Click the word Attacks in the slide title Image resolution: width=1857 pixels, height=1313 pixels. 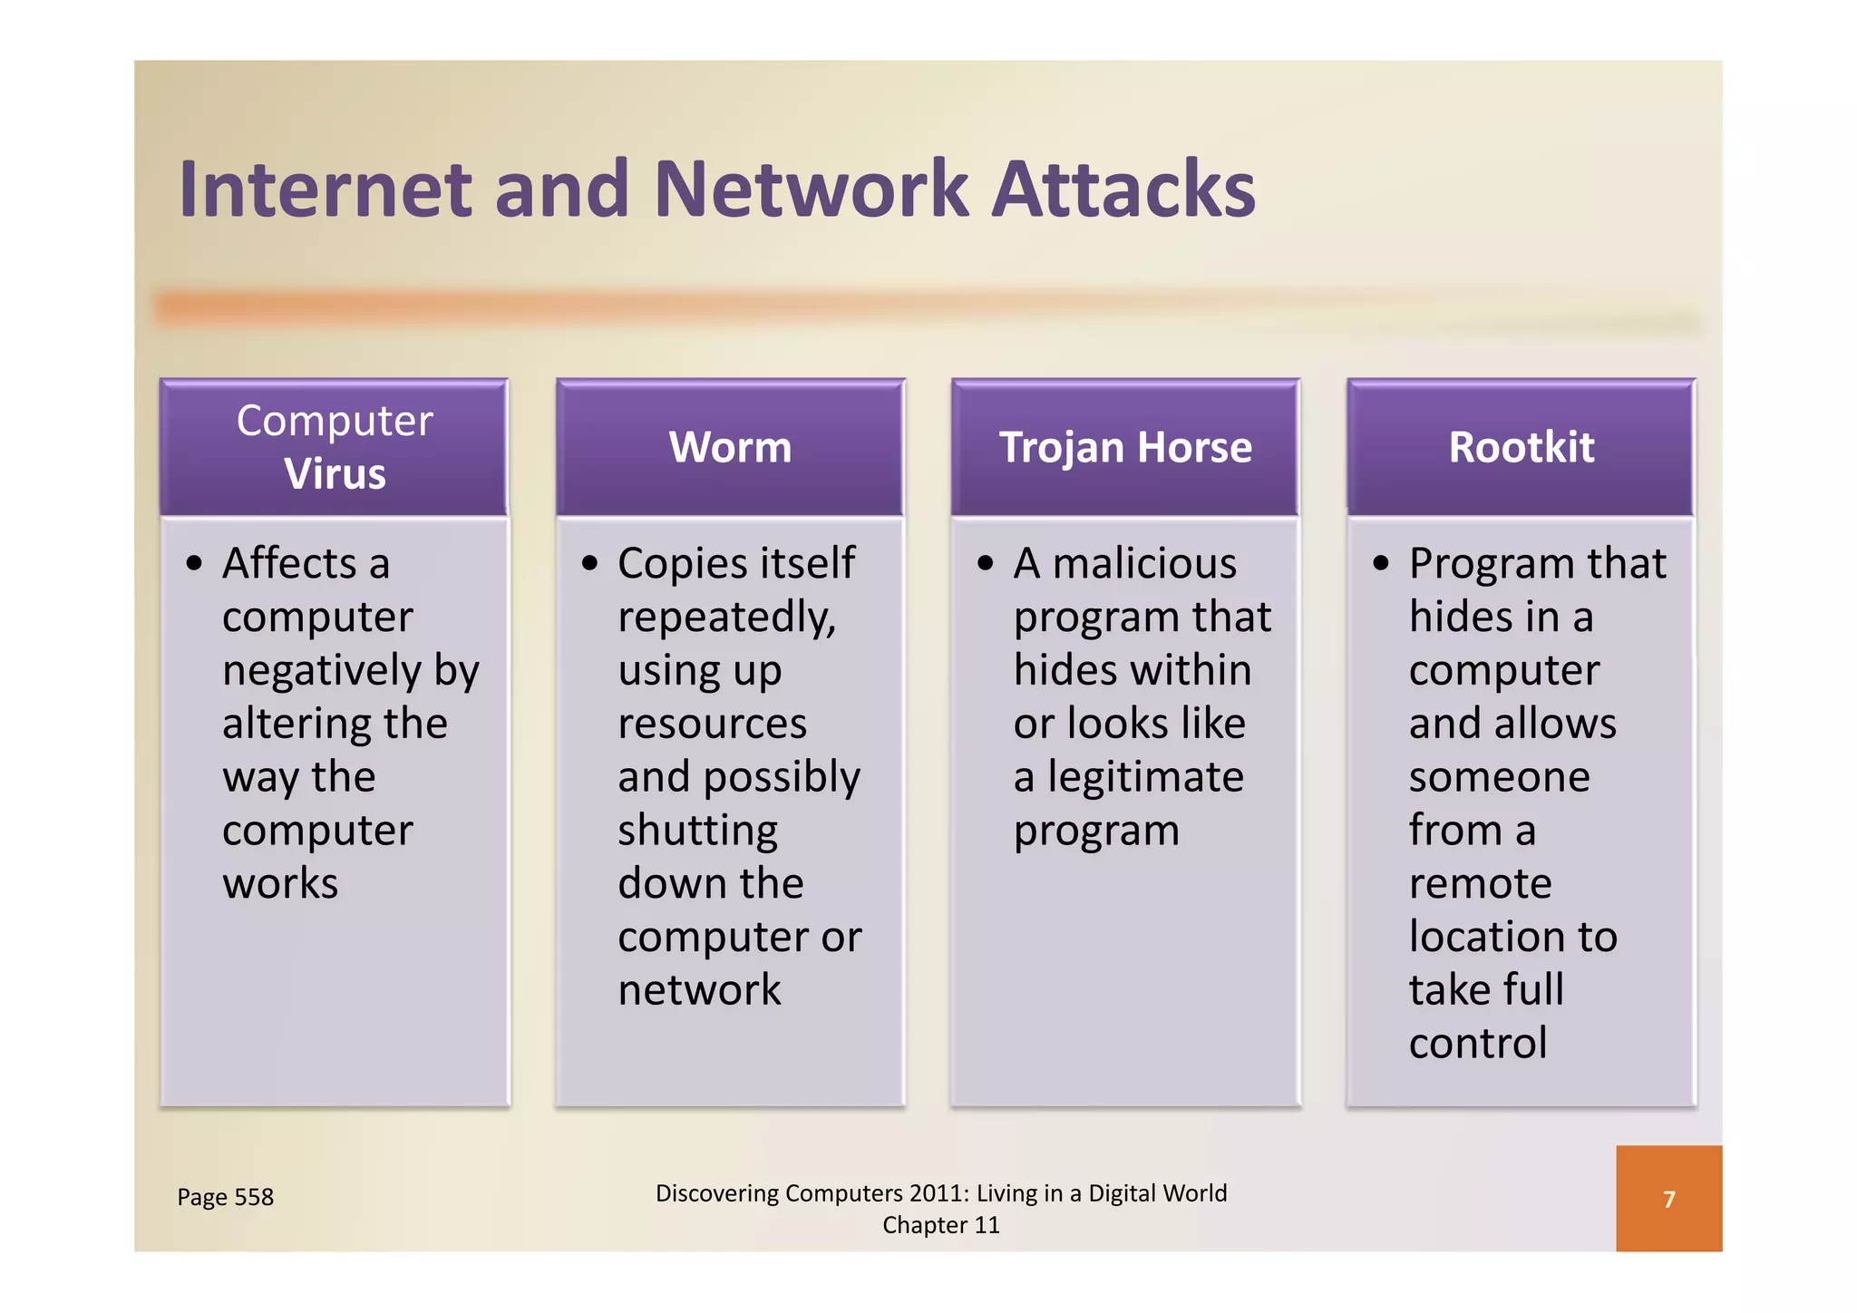[x=1123, y=190]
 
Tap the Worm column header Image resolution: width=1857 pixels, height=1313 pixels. [x=730, y=447]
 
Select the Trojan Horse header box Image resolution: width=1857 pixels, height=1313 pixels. [x=1125, y=447]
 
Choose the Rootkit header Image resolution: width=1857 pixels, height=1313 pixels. [x=1521, y=447]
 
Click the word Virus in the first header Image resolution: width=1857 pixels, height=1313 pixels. [x=335, y=473]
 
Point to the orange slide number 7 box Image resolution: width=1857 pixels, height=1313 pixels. [x=1668, y=1199]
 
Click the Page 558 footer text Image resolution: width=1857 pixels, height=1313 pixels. [x=225, y=1197]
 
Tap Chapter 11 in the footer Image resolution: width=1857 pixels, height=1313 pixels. [x=941, y=1225]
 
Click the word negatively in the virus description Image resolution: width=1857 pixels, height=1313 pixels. [x=322, y=671]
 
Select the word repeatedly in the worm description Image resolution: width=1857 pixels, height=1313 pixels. [x=726, y=618]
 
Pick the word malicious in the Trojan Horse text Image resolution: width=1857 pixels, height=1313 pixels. [x=1144, y=563]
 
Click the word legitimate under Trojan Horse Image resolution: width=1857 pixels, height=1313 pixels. [x=1146, y=777]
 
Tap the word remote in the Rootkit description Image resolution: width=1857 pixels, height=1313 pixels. [x=1480, y=883]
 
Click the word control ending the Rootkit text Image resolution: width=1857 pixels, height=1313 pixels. [x=1478, y=1043]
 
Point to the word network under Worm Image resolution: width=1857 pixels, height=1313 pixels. [x=699, y=989]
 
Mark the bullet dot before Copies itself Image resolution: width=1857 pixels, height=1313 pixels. [x=590, y=564]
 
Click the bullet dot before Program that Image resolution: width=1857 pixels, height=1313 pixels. [x=1381, y=564]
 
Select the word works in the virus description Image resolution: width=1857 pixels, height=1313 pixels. [x=280, y=883]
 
